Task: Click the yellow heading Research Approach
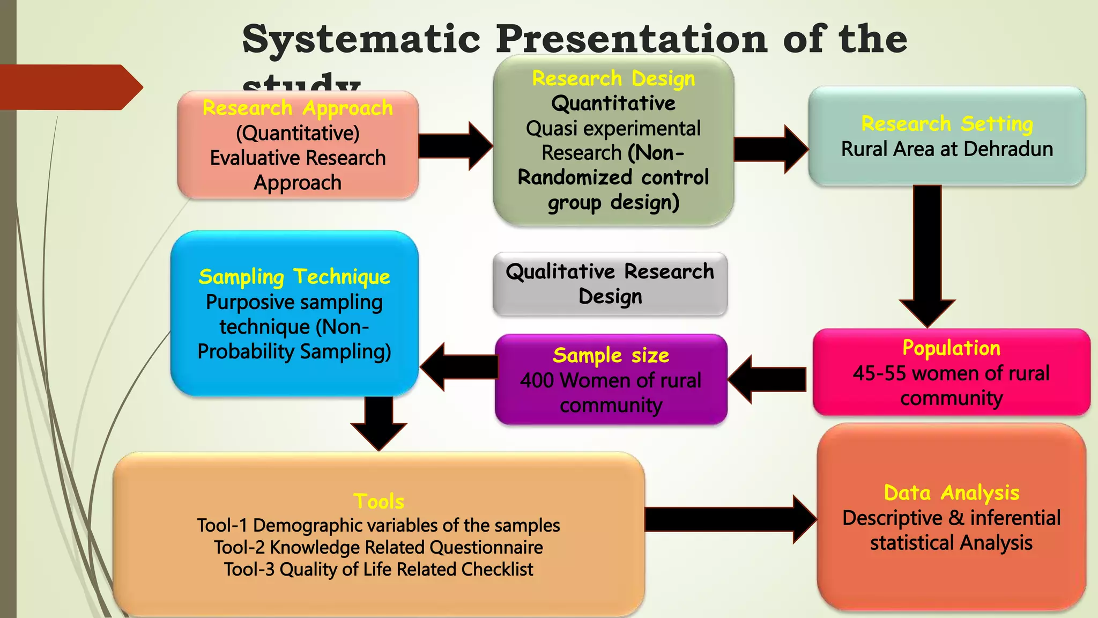click(x=298, y=108)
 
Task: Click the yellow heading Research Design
click(x=613, y=79)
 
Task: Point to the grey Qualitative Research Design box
click(x=610, y=284)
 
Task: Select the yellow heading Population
click(x=951, y=348)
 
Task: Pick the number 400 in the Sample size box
click(x=537, y=381)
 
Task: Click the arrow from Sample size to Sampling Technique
click(x=458, y=367)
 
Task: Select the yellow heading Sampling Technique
click(x=294, y=277)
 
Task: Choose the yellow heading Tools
click(x=379, y=502)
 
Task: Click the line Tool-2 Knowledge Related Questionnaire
click(x=379, y=548)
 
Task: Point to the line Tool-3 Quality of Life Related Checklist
click(x=379, y=570)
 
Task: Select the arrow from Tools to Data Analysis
click(x=729, y=519)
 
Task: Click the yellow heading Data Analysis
click(x=951, y=493)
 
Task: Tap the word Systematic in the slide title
click(x=361, y=39)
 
